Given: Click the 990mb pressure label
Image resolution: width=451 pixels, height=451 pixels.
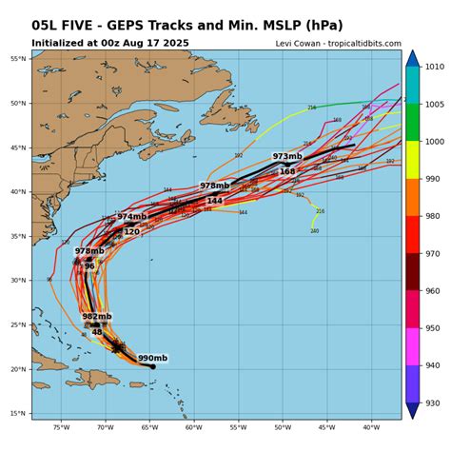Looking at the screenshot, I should click(x=152, y=359).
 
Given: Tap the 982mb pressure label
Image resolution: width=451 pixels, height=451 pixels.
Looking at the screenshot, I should click(x=96, y=317).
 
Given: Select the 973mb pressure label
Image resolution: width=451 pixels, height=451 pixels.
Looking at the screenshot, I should click(x=287, y=156).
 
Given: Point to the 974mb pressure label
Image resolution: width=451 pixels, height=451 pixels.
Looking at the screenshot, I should click(x=132, y=217).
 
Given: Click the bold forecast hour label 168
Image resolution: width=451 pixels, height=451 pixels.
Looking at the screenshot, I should click(x=287, y=171).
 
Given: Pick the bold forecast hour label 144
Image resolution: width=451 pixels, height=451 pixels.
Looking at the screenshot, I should click(x=215, y=201).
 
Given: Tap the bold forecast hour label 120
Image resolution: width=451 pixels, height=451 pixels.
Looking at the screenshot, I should click(x=131, y=231).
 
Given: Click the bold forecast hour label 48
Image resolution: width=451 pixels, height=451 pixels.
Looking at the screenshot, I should click(x=96, y=332).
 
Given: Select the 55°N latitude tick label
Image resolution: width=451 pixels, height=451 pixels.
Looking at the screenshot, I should click(x=18, y=59).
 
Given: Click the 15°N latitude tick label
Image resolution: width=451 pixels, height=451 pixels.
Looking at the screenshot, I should click(x=18, y=413).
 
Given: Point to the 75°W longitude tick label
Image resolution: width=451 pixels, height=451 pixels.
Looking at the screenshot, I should click(x=62, y=427).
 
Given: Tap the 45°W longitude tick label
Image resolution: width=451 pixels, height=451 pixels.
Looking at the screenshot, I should click(x=326, y=427).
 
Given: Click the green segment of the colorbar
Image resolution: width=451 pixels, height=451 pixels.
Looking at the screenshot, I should click(x=412, y=122).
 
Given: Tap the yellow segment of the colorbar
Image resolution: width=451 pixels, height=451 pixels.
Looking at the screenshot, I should click(x=412, y=160).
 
